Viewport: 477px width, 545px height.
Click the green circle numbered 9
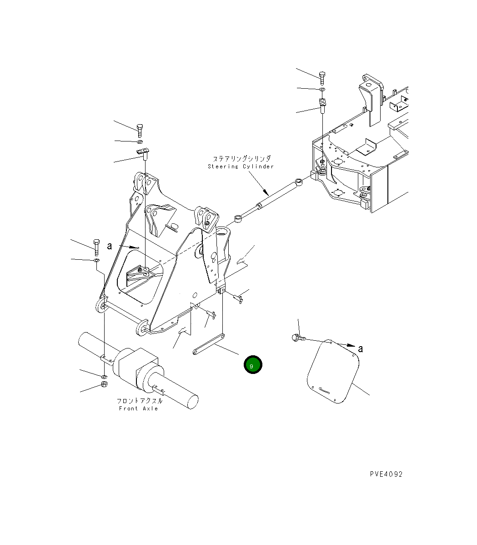tap(252, 364)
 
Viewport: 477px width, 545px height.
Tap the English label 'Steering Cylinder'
tap(241, 167)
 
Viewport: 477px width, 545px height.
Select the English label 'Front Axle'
tap(138, 409)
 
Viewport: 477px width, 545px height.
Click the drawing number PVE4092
tap(386, 474)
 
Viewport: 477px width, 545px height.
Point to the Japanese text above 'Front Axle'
tap(139, 401)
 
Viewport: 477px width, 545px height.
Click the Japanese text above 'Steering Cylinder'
tap(242, 159)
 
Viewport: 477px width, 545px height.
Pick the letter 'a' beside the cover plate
tap(361, 348)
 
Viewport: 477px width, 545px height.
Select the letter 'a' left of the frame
tap(110, 246)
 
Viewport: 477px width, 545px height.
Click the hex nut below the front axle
tap(104, 384)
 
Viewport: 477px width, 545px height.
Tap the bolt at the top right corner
tap(321, 77)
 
